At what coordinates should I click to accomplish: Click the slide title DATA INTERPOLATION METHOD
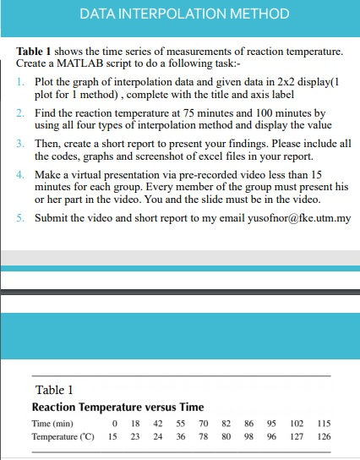[x=184, y=14]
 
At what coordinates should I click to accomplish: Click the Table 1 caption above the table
[x=55, y=390]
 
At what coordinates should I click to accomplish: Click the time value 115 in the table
[x=323, y=423]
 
